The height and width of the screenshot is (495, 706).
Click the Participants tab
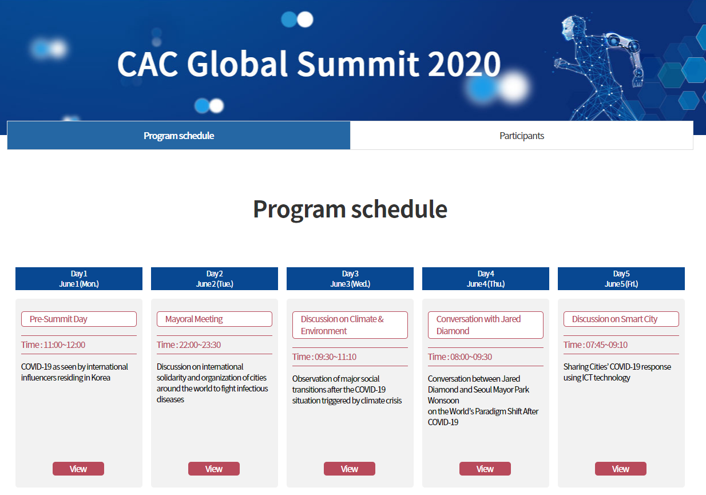[522, 136]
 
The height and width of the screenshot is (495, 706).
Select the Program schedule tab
[179, 136]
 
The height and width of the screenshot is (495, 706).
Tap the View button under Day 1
[78, 469]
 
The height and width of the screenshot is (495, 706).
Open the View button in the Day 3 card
[349, 469]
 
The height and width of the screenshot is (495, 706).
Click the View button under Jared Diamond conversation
[485, 469]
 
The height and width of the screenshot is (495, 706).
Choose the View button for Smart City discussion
[621, 469]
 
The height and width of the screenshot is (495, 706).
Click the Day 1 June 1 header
[79, 279]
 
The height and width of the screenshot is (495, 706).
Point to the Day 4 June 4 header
[486, 279]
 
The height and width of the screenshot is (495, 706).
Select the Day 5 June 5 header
[621, 279]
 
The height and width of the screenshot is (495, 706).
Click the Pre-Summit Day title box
[79, 319]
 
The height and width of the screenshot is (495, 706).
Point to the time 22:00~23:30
[200, 344]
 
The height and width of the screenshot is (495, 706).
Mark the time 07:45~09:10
[606, 344]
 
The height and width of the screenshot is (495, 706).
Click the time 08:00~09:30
[471, 357]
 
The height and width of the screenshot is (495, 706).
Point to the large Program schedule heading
[350, 209]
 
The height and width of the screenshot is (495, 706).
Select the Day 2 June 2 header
[215, 279]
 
